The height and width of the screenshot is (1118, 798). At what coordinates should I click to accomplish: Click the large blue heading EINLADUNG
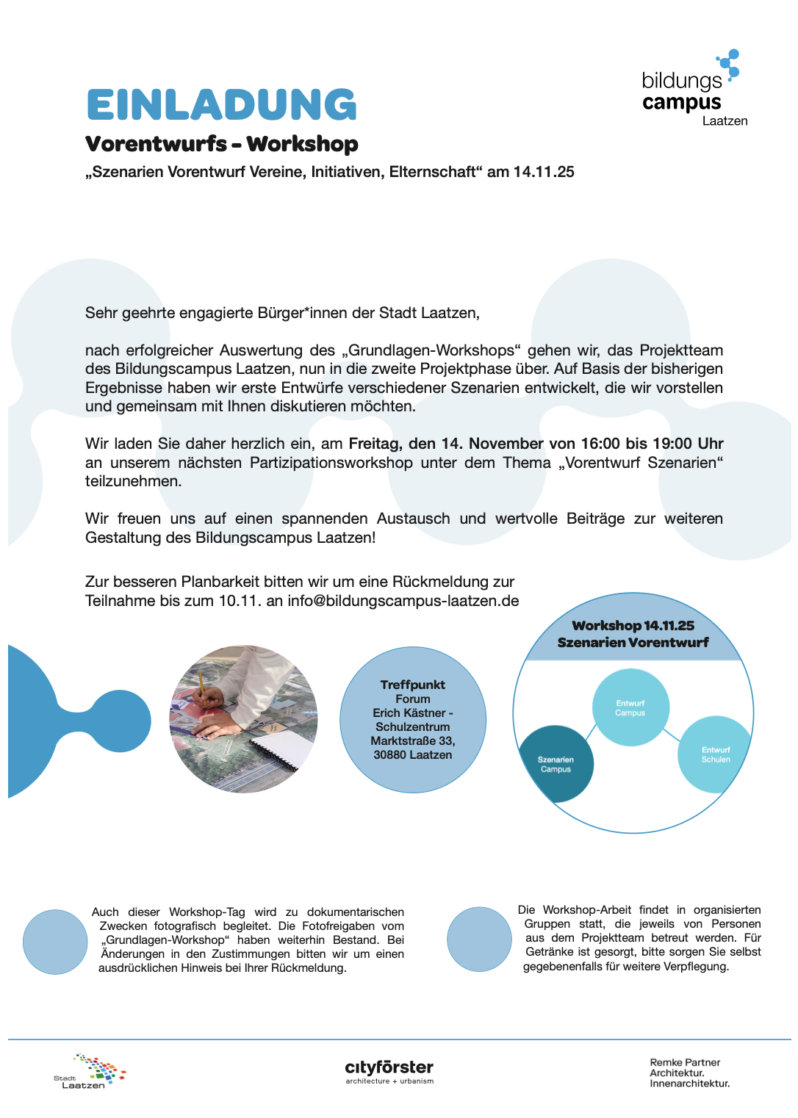tap(221, 105)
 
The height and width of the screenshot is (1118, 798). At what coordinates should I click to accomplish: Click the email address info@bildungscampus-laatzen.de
tap(403, 601)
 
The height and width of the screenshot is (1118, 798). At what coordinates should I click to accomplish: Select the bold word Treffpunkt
tap(413, 685)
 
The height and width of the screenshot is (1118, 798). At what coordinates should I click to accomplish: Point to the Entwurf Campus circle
tap(630, 707)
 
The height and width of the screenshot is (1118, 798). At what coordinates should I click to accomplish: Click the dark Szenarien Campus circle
tap(556, 764)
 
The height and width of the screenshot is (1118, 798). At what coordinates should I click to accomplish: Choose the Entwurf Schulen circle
tap(715, 754)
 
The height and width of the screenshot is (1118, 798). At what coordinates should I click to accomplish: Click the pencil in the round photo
tap(200, 682)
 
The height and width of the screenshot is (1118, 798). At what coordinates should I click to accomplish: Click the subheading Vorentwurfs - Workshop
tap(222, 144)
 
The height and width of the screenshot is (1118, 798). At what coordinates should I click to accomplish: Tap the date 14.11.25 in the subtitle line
tap(544, 172)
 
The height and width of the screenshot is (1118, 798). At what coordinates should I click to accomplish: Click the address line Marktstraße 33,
tap(413, 740)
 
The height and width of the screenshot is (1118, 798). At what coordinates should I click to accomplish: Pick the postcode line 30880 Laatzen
tap(413, 754)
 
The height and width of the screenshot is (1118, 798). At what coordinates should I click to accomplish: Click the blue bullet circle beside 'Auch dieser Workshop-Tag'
tap(55, 942)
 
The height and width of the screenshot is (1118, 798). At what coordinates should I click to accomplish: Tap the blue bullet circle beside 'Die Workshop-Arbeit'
tap(479, 939)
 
